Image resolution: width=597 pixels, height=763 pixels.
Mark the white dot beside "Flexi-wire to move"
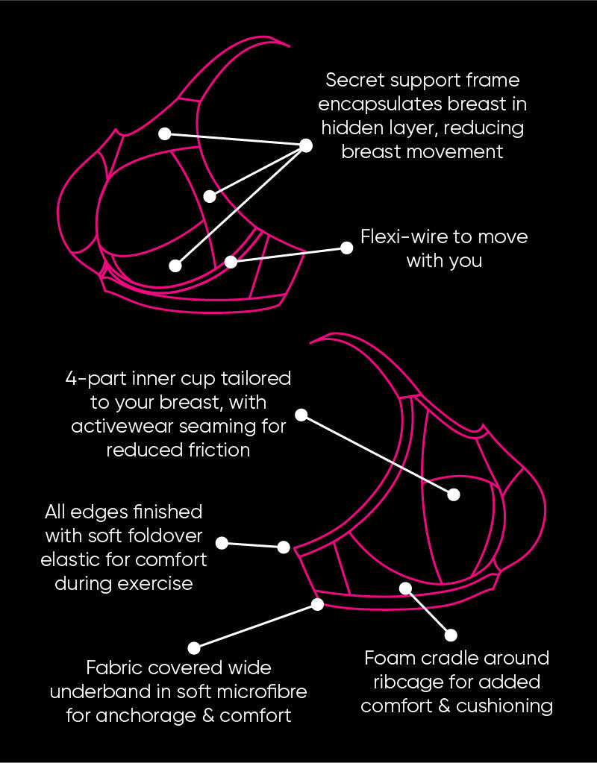[x=346, y=248]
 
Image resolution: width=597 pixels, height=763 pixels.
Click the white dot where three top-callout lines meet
[x=305, y=145]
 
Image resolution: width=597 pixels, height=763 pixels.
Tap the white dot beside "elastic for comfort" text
[x=222, y=542]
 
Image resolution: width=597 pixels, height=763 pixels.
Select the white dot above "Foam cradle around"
[x=451, y=635]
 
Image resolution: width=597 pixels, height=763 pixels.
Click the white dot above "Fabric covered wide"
[x=194, y=648]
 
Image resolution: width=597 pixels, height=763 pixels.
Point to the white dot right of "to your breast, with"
[x=301, y=415]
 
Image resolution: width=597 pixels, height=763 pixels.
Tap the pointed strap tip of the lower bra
[x=312, y=342]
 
